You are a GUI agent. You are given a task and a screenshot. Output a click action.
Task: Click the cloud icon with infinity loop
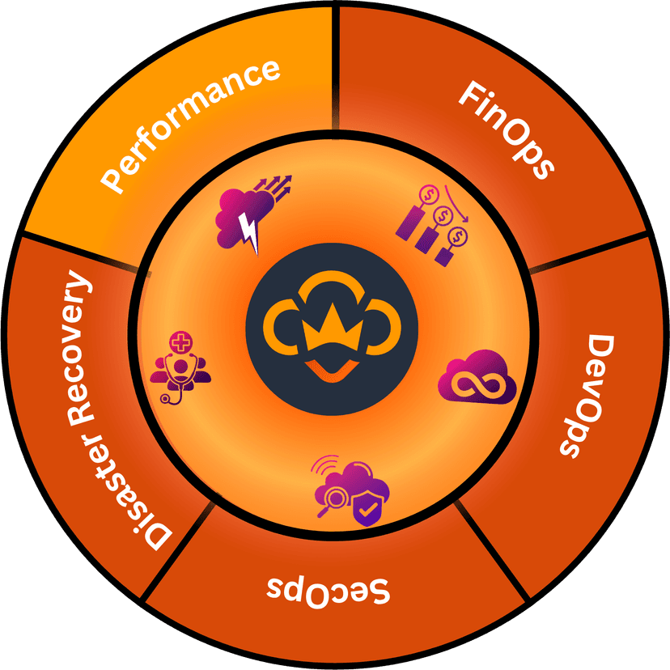[x=477, y=376]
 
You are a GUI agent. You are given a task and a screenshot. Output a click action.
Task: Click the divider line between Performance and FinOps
[x=333, y=65]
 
